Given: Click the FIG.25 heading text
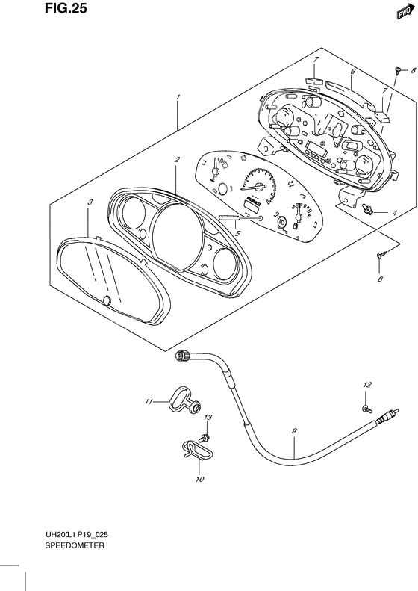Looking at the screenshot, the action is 66,8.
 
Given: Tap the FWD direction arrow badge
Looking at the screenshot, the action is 403,13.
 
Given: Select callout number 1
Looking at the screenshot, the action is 178,97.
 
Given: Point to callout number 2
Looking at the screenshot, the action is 177,159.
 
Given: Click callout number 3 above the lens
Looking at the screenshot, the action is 90,202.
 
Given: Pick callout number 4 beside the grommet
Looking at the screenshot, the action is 394,214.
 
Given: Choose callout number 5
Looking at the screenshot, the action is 237,234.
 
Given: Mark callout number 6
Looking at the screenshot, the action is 353,72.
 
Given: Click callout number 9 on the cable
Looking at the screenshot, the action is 294,430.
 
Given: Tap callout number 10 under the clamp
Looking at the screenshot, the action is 200,479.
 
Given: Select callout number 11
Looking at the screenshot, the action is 149,402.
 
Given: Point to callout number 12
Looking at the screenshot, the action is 367,385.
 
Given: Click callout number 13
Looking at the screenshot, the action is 208,418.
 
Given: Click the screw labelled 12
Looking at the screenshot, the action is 366,408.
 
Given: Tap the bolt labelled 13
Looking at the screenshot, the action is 205,438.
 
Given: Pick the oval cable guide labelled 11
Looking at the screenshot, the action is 183,402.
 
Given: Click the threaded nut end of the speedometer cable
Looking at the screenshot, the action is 183,355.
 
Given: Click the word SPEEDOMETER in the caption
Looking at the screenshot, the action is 75,545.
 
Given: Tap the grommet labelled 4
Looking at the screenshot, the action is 367,209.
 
